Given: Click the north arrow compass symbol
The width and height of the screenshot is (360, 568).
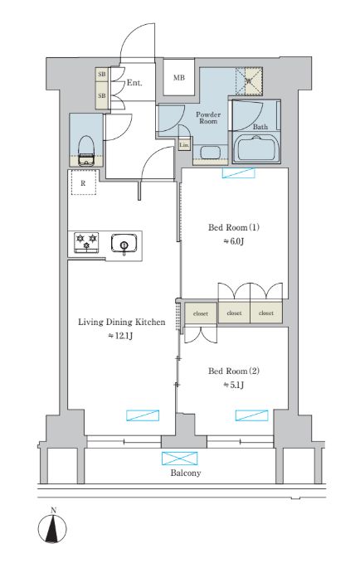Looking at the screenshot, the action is [x=52, y=527].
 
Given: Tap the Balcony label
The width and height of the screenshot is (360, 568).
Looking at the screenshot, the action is [x=186, y=473].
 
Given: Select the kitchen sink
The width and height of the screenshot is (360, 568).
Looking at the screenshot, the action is [x=124, y=243].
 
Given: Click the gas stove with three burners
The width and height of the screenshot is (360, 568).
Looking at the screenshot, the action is [x=86, y=241].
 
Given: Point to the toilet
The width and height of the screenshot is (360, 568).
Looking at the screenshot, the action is [x=86, y=149].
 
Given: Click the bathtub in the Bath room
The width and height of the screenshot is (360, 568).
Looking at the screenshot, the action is [x=256, y=148].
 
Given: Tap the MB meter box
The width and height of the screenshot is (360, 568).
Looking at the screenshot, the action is [x=178, y=77].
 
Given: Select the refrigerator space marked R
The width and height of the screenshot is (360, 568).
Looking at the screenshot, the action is [x=84, y=183].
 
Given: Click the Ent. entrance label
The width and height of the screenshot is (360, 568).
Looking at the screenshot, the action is [x=134, y=83].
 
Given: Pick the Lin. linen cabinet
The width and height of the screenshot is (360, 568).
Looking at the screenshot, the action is [x=184, y=144].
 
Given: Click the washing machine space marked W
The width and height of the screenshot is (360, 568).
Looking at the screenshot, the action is [x=249, y=80].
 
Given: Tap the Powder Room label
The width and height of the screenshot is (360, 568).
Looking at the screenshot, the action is [x=208, y=118].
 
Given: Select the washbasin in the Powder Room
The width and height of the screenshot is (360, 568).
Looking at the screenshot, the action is [x=210, y=152].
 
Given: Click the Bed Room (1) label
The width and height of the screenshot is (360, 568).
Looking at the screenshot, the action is [x=234, y=227].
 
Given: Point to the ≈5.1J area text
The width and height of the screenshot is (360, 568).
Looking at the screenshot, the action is [x=233, y=385].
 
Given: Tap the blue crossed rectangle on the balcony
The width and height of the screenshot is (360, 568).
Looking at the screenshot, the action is [x=180, y=459].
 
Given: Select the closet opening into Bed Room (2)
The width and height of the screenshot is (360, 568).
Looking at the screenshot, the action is [x=201, y=313].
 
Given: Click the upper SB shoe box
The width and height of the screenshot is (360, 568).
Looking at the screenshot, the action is [x=102, y=75].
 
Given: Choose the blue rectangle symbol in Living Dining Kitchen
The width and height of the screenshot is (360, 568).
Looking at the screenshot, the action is [x=143, y=415].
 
